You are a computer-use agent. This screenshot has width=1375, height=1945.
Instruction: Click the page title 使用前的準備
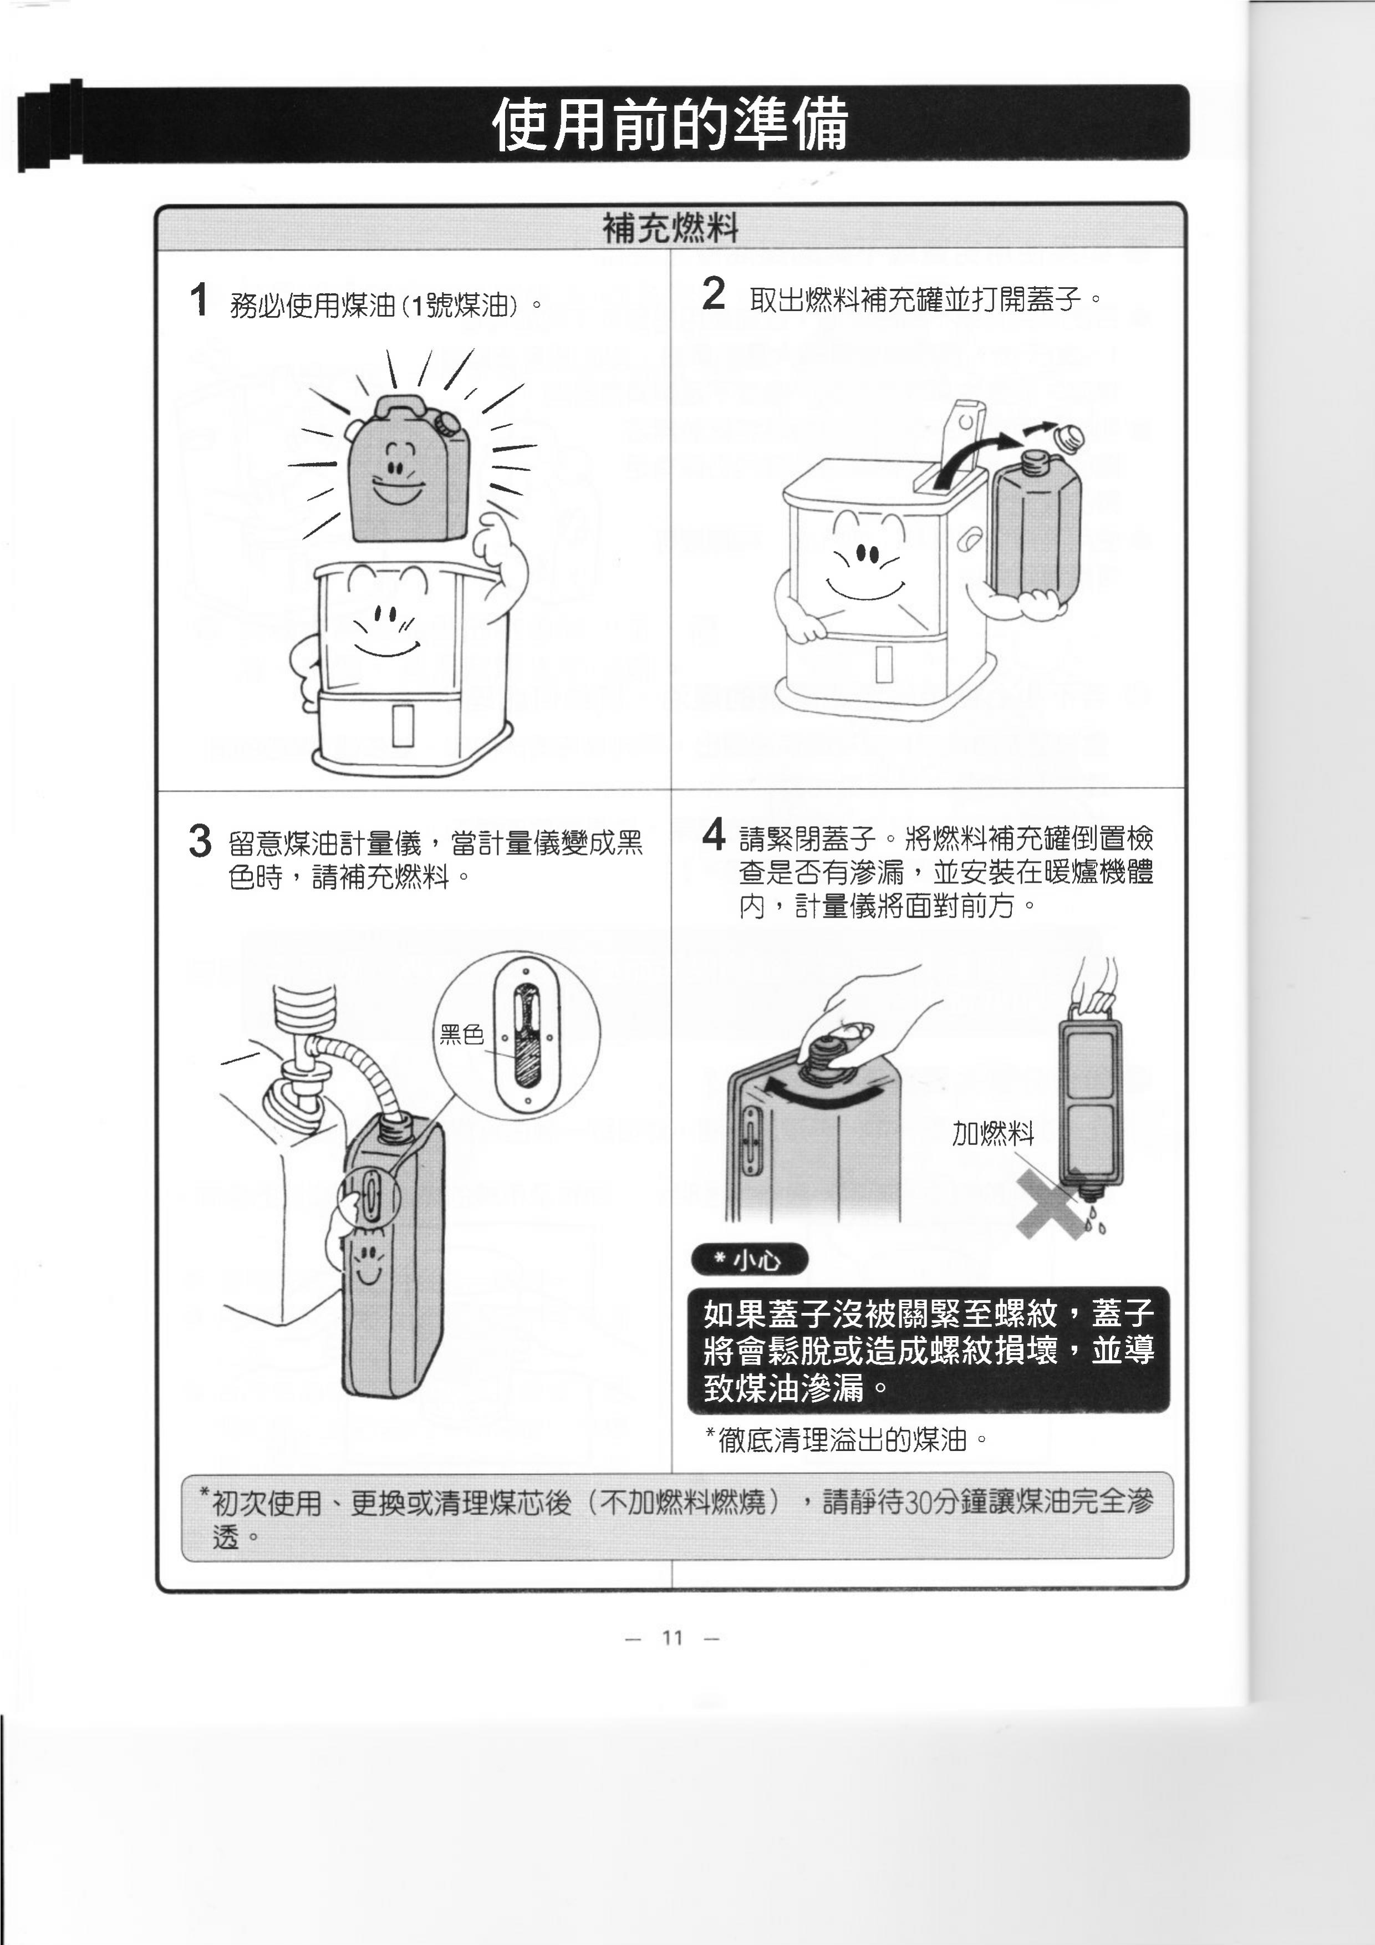[669, 124]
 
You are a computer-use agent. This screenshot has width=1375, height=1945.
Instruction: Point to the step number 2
[714, 294]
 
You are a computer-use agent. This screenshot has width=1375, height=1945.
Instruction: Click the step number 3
[200, 841]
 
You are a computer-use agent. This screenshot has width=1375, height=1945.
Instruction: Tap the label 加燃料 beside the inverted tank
[993, 1133]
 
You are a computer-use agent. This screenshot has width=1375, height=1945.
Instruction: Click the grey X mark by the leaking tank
[1053, 1204]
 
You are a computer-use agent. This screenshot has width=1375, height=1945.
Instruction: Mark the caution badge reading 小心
[750, 1260]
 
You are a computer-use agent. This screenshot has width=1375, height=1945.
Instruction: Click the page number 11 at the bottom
[672, 1637]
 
